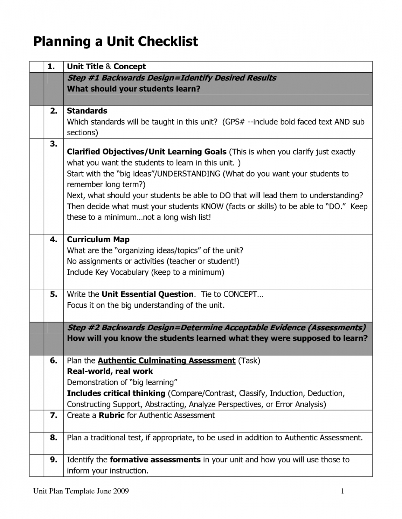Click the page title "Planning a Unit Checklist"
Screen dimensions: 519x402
(115, 42)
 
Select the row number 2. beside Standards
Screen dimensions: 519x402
(53, 111)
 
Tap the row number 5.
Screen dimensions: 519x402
(53, 294)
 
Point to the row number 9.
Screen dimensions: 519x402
(53, 460)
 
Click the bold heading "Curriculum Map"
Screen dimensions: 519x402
(98, 239)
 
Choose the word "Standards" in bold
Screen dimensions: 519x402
(87, 111)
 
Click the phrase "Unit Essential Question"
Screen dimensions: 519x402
(147, 294)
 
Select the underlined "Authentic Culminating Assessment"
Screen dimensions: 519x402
(166, 360)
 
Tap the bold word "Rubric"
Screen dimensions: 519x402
(111, 415)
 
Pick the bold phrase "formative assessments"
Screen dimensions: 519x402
(155, 460)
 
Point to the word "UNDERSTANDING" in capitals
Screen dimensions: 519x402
(189, 174)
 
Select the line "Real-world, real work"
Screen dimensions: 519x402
(110, 371)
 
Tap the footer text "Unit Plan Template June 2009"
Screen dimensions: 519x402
(81, 491)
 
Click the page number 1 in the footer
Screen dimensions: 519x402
(342, 491)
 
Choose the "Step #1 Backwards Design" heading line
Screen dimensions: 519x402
(171, 78)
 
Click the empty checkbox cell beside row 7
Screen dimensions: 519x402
(36, 421)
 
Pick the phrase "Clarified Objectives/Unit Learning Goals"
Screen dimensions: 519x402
(146, 152)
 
